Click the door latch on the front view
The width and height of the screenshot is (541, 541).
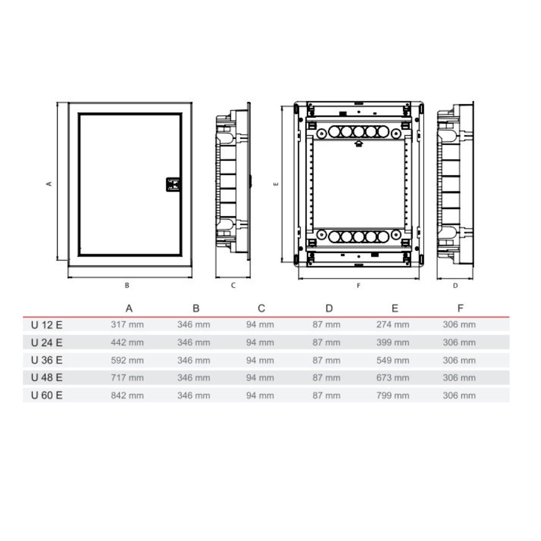(173, 184)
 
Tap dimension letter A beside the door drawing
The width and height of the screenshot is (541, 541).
(49, 184)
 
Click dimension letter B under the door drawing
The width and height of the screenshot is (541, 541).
(127, 286)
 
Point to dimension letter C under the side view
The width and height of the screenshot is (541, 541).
(233, 286)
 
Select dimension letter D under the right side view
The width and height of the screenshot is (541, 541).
(455, 286)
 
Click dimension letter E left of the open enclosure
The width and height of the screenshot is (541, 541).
(276, 184)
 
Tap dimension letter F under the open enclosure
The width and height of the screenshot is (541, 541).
(359, 286)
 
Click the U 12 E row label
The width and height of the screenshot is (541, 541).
(47, 325)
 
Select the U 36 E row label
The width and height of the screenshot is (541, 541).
(47, 360)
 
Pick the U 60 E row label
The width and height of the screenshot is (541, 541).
(47, 395)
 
